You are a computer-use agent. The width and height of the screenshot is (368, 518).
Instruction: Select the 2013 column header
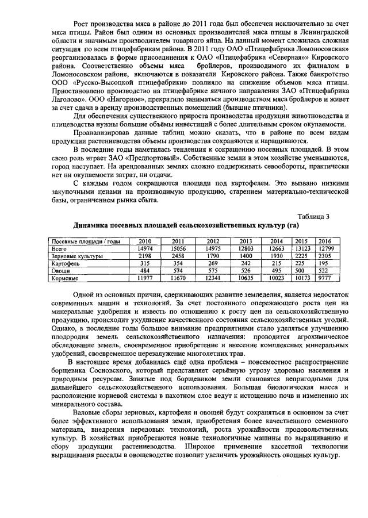click(x=246, y=241)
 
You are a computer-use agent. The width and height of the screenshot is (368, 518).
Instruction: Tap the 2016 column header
click(x=325, y=241)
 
